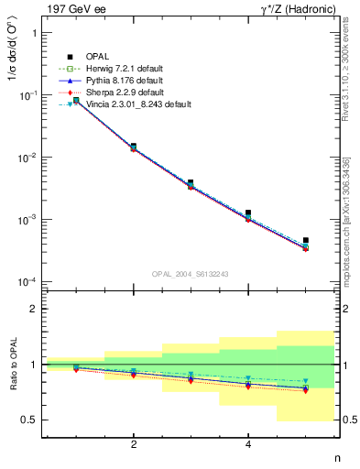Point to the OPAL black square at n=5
point(306,240)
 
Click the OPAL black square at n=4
point(248,213)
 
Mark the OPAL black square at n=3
point(191,182)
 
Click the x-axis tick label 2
point(134,445)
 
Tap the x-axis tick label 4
point(248,445)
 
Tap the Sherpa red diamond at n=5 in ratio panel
point(306,390)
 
